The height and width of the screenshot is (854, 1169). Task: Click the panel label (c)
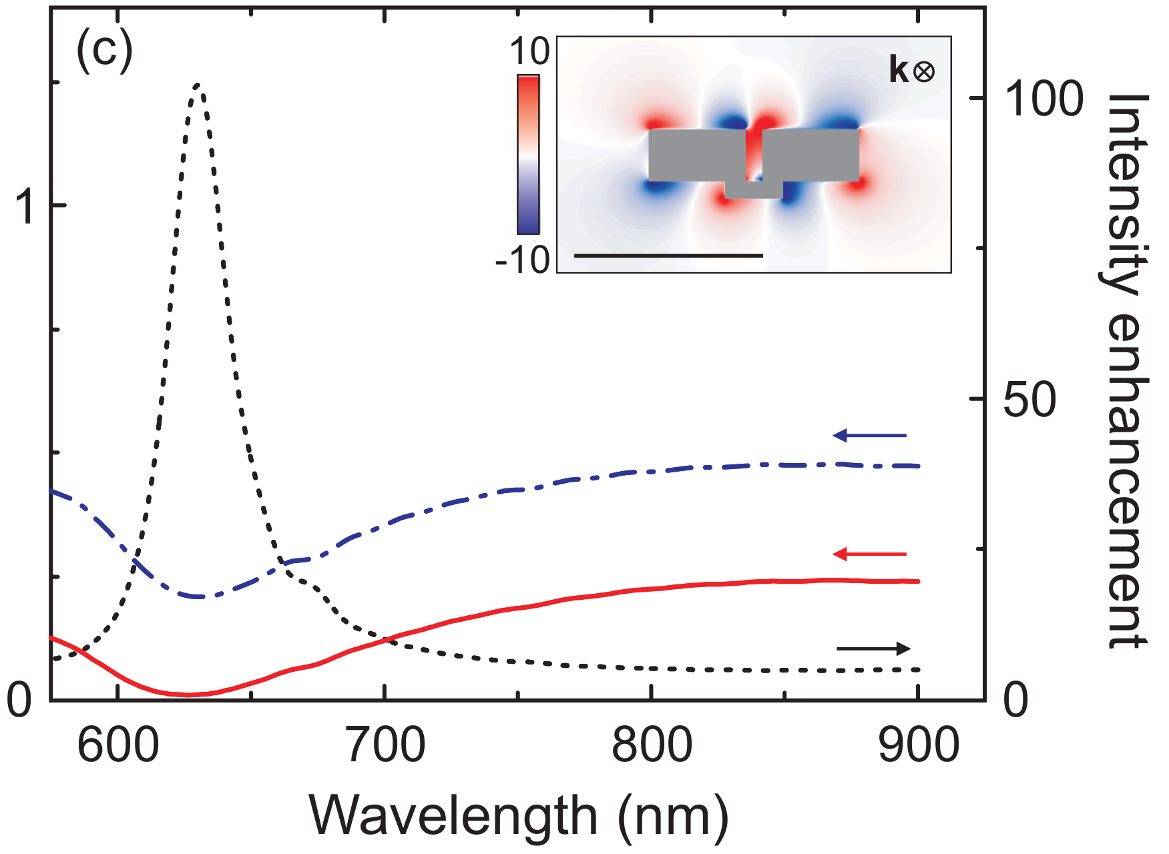[105, 51]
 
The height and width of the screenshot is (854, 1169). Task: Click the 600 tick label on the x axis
[118, 746]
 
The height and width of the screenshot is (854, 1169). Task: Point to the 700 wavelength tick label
[385, 746]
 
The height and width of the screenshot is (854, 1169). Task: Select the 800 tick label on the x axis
[652, 746]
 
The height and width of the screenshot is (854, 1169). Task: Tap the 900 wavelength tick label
[919, 746]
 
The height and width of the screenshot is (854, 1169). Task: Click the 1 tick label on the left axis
[27, 206]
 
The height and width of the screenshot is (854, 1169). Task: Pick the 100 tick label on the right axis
[1043, 99]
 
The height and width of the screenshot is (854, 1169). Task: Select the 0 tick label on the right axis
[1015, 701]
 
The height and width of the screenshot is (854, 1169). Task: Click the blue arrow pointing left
[869, 436]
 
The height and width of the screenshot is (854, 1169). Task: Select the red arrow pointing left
[869, 554]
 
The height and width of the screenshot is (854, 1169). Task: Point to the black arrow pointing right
[873, 649]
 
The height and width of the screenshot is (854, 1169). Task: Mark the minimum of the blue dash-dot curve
[198, 596]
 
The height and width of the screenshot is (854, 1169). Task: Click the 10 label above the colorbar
[529, 51]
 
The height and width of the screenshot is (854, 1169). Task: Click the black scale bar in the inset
[668, 256]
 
